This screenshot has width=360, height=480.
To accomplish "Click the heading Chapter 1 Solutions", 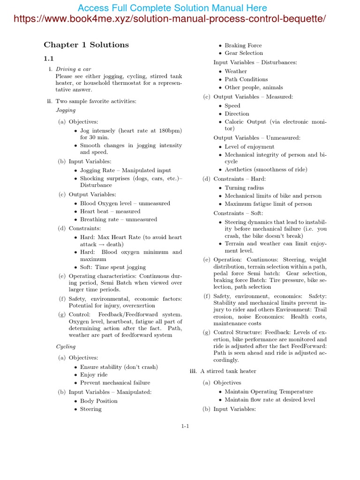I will click(86, 45).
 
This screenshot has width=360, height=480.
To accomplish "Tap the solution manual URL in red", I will click(169, 19).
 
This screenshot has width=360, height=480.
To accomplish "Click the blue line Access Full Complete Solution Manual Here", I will click(172, 8).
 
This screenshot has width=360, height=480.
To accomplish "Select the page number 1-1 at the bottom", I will click(185, 426).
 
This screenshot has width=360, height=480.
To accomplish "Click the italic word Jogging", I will click(66, 110).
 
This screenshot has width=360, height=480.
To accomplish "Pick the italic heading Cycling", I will click(66, 346).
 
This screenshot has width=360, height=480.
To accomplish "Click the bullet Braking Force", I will click(243, 45).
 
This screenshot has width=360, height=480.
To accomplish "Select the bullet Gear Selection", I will click(244, 53).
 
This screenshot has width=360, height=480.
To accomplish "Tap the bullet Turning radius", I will click(244, 187).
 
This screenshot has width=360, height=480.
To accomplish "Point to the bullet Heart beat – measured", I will click(110, 211).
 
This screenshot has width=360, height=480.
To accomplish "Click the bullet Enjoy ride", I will click(94, 375).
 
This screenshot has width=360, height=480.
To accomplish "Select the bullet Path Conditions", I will click(246, 79).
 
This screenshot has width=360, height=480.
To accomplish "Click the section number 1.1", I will click(49, 59).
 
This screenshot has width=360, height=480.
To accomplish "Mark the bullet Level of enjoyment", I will click(249, 147).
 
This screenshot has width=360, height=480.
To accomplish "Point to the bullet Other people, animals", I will click(254, 87).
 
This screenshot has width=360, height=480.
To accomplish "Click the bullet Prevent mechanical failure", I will click(115, 382).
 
